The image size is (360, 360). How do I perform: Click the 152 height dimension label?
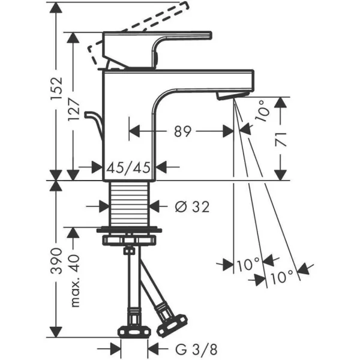tap(56, 88)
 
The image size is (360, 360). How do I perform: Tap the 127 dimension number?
tap(74, 109)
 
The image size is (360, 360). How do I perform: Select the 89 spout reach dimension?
tap(182, 131)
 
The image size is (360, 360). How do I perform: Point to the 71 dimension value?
tap(281, 139)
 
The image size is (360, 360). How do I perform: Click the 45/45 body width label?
tap(128, 167)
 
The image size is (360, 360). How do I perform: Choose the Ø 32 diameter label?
tap(192, 206)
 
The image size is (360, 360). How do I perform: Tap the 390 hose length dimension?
tap(56, 260)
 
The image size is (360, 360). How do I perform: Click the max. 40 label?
tap(75, 280)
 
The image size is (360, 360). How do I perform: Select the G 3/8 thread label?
tap(196, 350)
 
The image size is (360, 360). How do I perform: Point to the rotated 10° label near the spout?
tap(262, 111)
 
